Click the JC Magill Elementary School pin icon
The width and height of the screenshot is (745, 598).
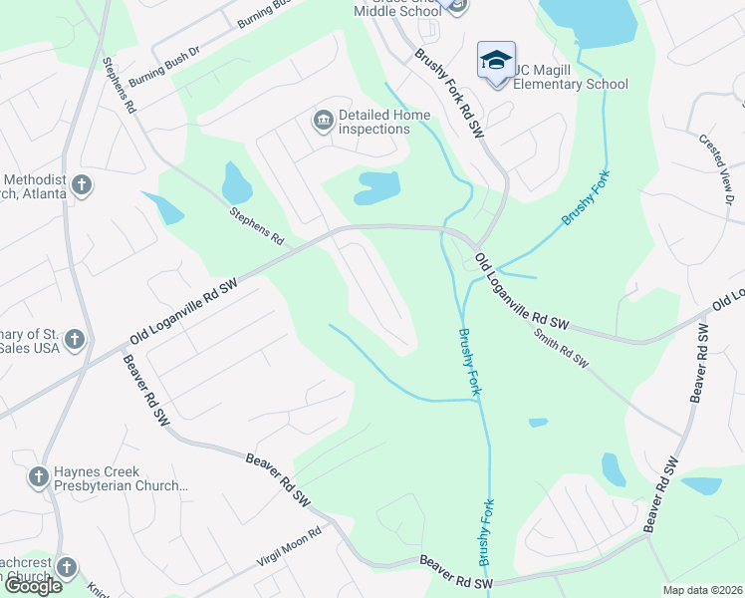[x=496, y=59]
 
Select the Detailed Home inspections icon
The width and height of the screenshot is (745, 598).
[x=323, y=122]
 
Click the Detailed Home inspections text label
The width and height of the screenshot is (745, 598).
[x=384, y=122]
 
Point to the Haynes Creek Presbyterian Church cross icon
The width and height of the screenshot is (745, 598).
[x=39, y=477]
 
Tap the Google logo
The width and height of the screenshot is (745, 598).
[x=32, y=586]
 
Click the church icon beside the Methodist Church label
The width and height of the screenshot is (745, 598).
[x=82, y=184]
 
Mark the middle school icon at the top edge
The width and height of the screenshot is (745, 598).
[x=457, y=6]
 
